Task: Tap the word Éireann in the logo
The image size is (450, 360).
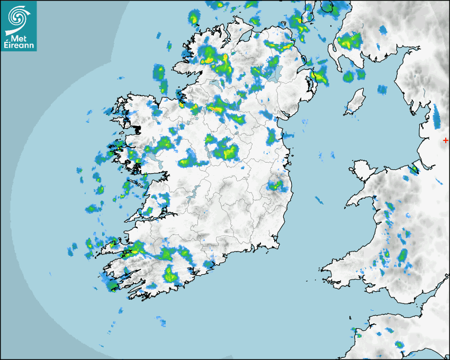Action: pyautogui.click(x=21, y=45)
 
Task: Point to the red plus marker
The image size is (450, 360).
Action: pyautogui.click(x=445, y=140)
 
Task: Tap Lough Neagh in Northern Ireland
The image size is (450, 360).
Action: pyautogui.click(x=274, y=74)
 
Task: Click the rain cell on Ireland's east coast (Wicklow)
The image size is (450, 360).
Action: pyautogui.click(x=275, y=185)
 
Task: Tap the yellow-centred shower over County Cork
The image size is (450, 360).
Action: pyautogui.click(x=169, y=274)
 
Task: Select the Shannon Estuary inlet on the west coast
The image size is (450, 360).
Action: pyautogui.click(x=146, y=217)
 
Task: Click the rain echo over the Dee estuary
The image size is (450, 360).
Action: pyautogui.click(x=413, y=169)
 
